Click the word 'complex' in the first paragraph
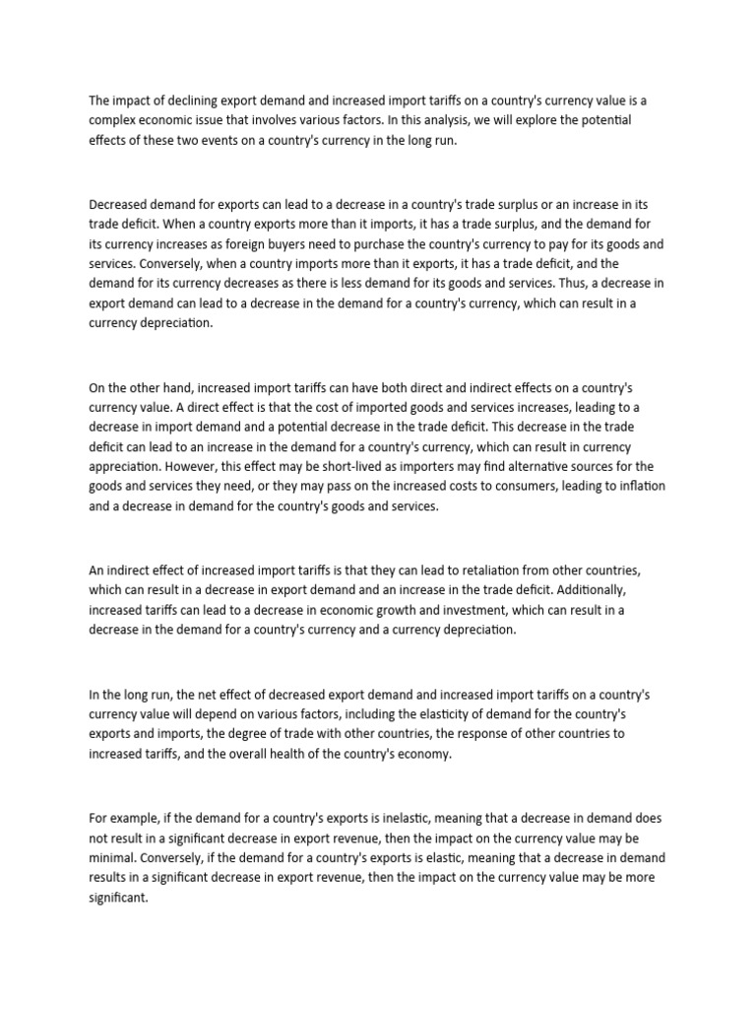pyautogui.click(x=114, y=120)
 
